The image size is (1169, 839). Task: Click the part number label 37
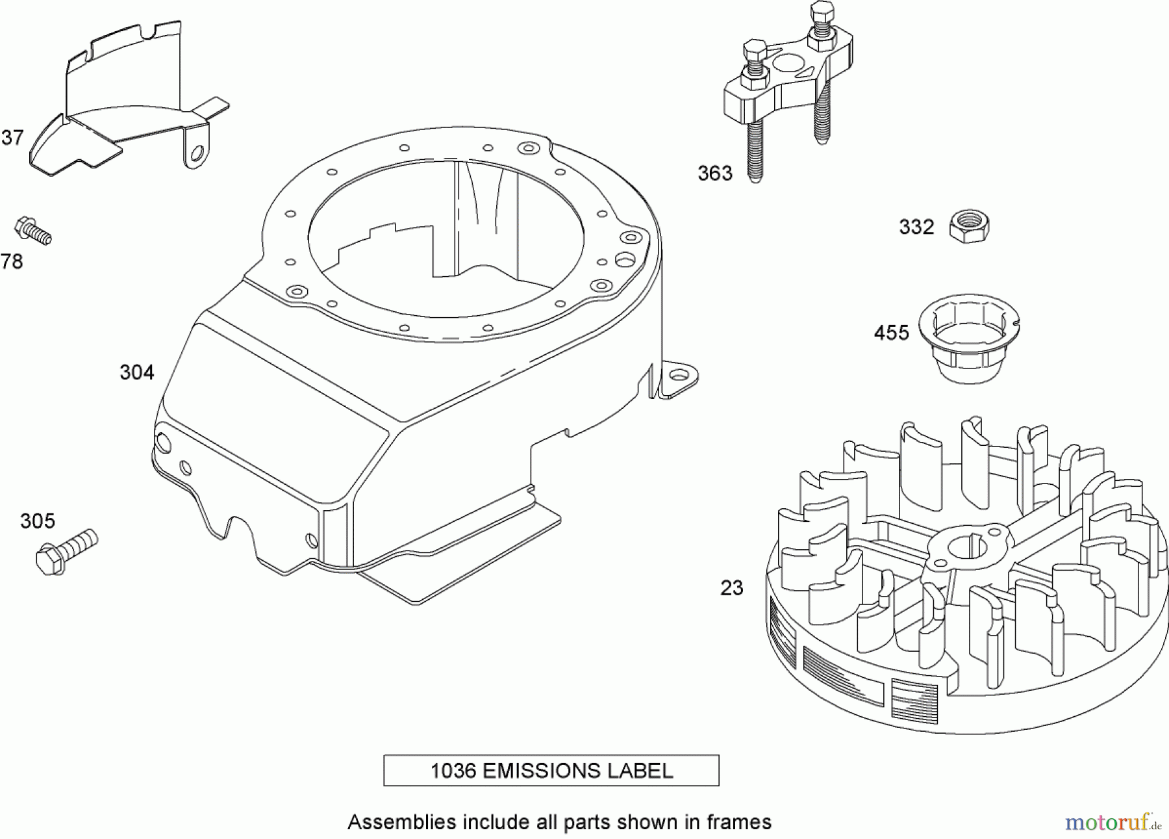pos(12,138)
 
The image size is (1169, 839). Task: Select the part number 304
pos(137,372)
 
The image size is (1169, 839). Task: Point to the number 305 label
pos(38,521)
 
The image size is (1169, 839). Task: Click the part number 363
pos(715,174)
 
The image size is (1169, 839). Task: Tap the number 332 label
pos(916,227)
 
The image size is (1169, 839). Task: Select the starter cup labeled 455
pos(968,341)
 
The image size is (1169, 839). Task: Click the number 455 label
pos(892,333)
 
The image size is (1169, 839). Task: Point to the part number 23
pos(732,588)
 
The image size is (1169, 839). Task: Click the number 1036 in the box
pos(453,771)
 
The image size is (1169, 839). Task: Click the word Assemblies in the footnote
pos(401,822)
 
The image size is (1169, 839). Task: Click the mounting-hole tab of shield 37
pos(197,153)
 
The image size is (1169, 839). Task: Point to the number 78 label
pos(12,262)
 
